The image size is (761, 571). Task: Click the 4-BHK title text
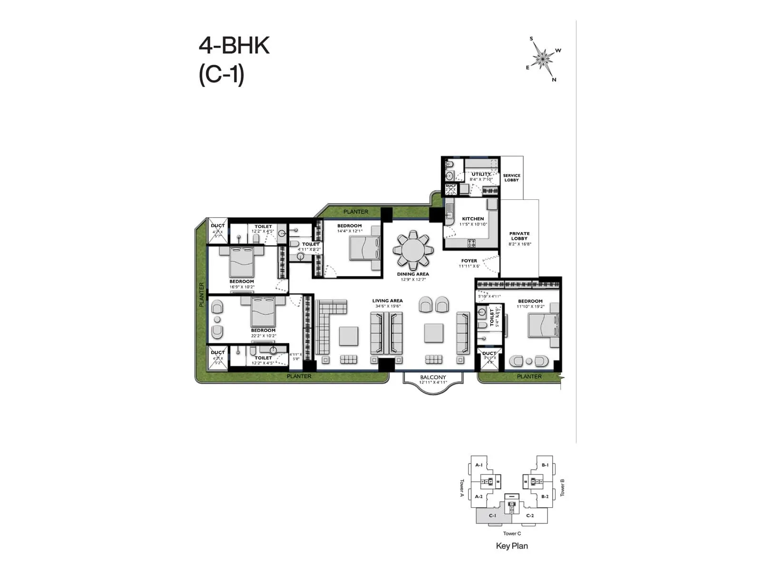click(234, 46)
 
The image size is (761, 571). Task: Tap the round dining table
click(413, 250)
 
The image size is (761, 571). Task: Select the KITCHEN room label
click(473, 219)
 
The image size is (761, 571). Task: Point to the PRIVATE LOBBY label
click(519, 236)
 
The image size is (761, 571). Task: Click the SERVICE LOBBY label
click(511, 177)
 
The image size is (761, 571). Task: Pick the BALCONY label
click(433, 377)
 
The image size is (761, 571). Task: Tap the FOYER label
click(469, 261)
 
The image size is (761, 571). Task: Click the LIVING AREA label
click(387, 301)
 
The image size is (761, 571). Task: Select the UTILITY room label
click(481, 174)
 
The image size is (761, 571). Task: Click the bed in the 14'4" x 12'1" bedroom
click(365, 248)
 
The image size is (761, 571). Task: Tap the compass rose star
click(542, 58)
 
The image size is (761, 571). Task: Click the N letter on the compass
click(554, 80)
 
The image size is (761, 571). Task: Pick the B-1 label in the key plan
click(545, 465)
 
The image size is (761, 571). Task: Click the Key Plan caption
click(512, 546)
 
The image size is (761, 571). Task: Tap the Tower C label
click(512, 533)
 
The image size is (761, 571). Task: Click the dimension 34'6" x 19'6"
click(387, 306)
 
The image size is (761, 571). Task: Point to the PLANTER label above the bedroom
click(356, 212)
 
